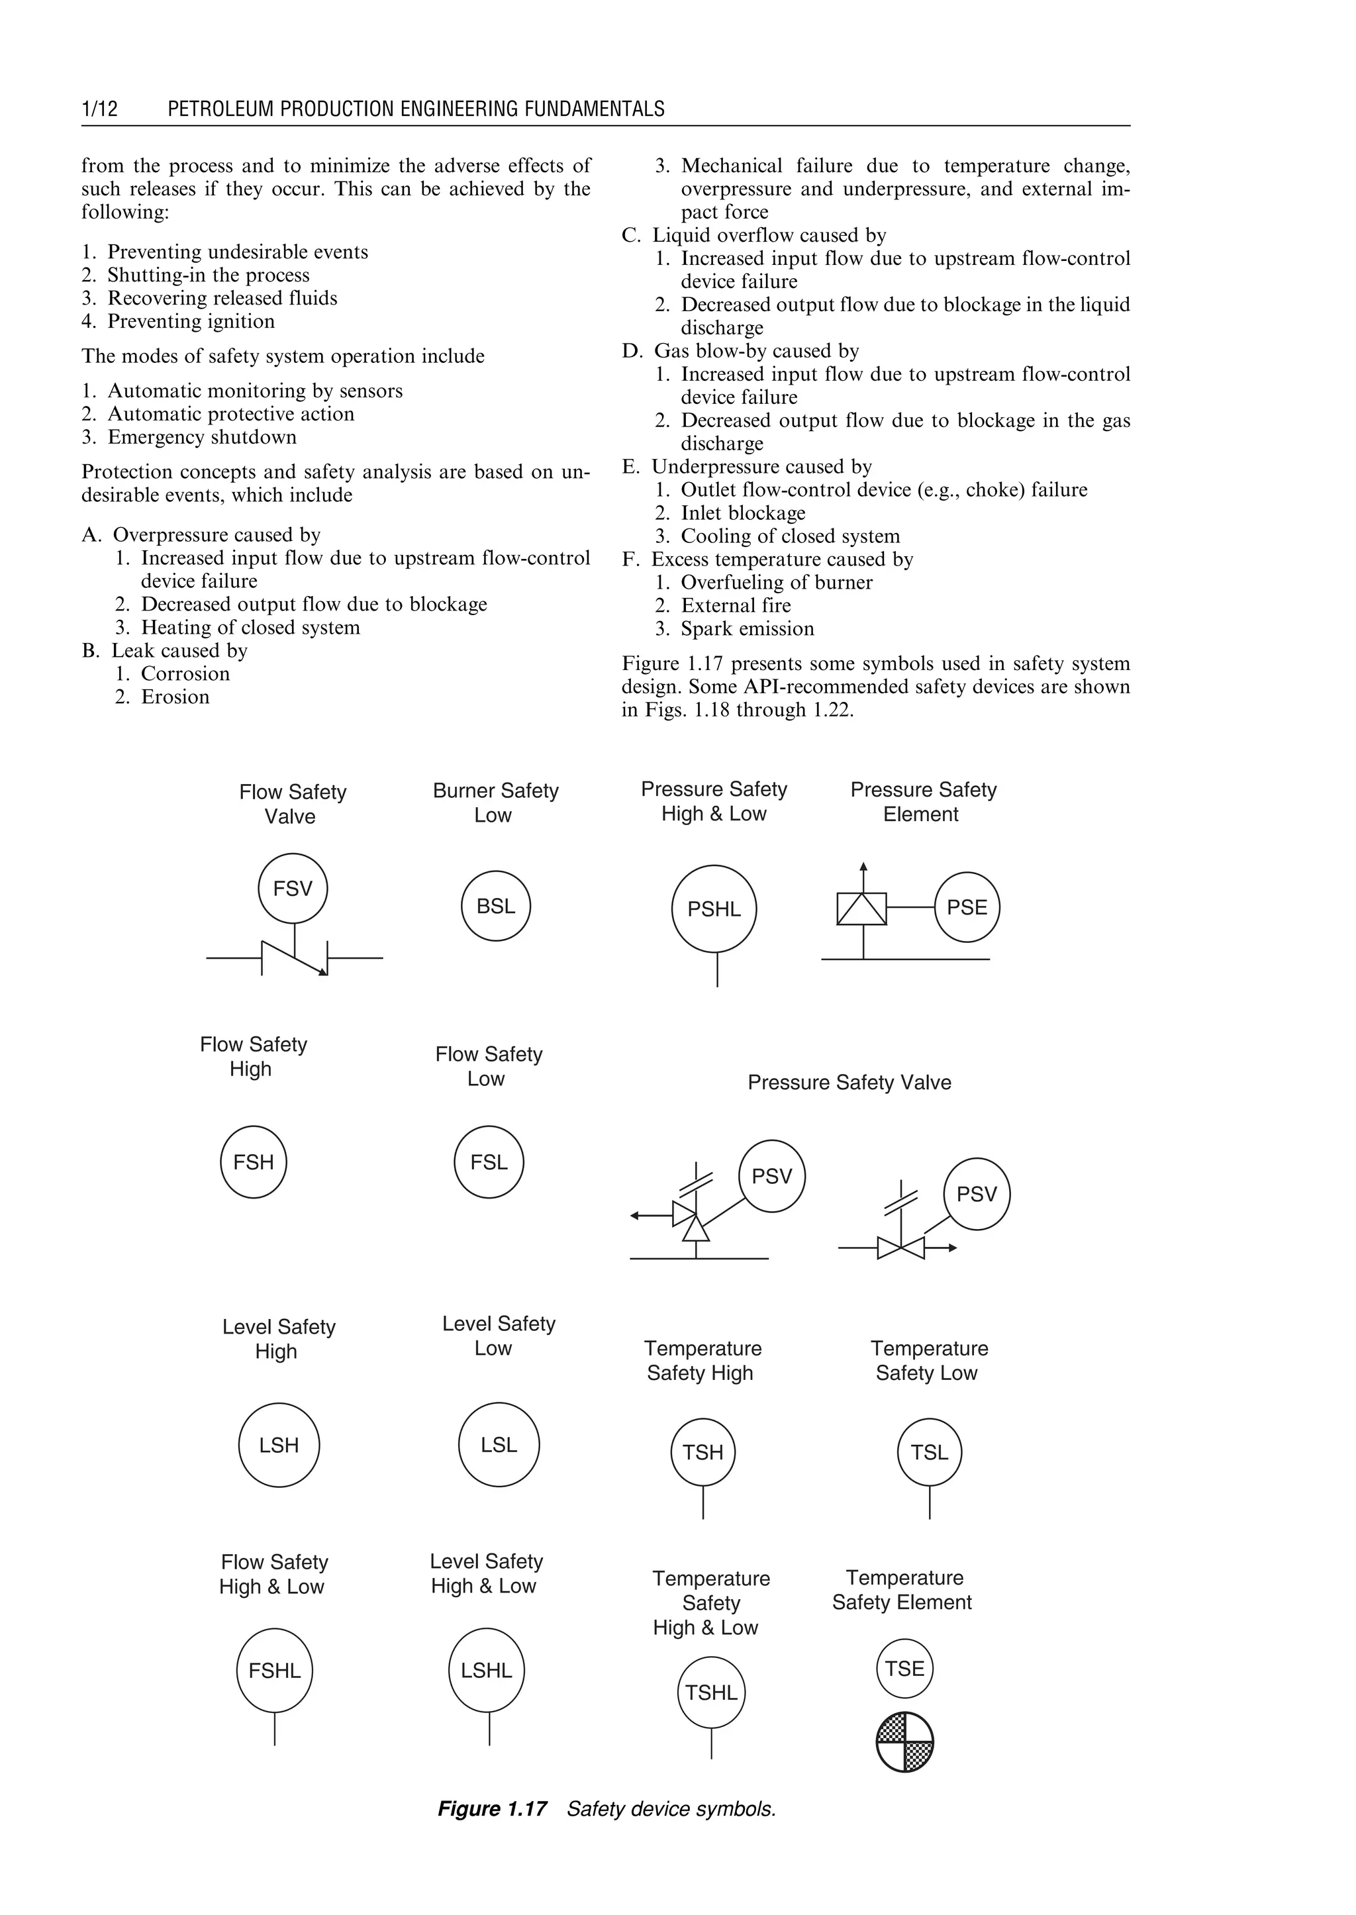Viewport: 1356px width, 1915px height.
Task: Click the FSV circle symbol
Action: [x=292, y=889]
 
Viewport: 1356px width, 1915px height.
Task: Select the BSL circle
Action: [x=496, y=906]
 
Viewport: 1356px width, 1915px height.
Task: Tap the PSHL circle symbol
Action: [x=714, y=908]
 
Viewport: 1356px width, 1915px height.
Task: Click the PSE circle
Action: [x=967, y=907]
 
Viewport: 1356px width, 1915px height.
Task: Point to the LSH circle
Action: [x=279, y=1445]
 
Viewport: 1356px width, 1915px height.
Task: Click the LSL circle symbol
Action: [x=499, y=1444]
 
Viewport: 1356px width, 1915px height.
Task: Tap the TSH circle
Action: [x=703, y=1452]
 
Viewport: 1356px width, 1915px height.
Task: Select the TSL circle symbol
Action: [x=930, y=1452]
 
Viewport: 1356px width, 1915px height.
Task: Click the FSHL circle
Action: [x=275, y=1670]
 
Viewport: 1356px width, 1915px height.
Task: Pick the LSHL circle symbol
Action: [x=487, y=1670]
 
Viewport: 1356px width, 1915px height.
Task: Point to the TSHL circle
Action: [x=710, y=1693]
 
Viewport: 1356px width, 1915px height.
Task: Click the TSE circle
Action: [x=905, y=1669]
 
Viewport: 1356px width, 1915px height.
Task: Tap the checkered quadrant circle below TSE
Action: [x=905, y=1742]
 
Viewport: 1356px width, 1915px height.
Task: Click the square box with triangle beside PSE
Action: [x=861, y=908]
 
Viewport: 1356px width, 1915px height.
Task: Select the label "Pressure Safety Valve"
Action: [x=849, y=1083]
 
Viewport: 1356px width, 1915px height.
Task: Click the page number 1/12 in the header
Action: [x=99, y=109]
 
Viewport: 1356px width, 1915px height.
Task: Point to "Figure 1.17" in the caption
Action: [x=492, y=1809]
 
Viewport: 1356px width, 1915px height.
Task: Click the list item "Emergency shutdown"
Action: [x=201, y=438]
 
